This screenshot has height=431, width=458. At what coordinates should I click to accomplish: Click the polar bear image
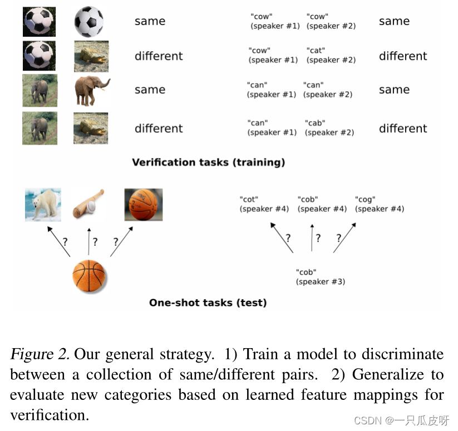(x=43, y=204)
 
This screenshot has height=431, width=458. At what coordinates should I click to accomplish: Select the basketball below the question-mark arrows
(x=89, y=276)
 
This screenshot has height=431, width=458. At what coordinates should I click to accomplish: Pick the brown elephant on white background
(x=91, y=91)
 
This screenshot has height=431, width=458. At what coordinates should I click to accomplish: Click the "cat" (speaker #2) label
(x=331, y=55)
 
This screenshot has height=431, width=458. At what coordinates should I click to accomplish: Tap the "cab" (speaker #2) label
(x=329, y=127)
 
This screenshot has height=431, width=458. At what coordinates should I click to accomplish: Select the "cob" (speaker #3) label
(x=320, y=277)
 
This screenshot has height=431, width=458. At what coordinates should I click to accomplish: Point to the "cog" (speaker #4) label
(x=379, y=204)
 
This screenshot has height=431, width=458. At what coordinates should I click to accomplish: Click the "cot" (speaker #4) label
(x=264, y=204)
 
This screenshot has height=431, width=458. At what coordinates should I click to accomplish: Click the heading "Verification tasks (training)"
(x=208, y=162)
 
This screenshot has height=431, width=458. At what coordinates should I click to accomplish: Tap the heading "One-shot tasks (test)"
(x=208, y=303)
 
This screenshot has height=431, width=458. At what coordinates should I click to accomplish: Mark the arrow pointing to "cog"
(x=345, y=237)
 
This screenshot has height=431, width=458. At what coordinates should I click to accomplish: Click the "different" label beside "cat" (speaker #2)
(x=403, y=56)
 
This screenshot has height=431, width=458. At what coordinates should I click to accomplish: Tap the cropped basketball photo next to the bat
(x=144, y=204)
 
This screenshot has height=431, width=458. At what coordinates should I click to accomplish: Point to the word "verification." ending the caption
(x=50, y=415)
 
